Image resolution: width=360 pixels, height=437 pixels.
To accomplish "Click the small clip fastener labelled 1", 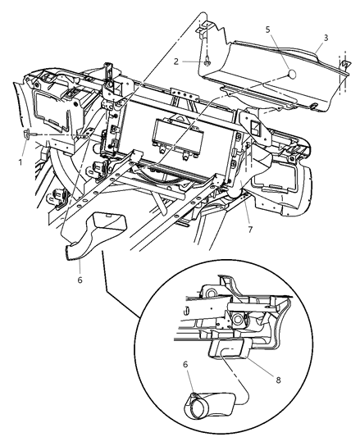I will pyautogui.click(x=30, y=134).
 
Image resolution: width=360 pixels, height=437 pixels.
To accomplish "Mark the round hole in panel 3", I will pyautogui.click(x=291, y=75).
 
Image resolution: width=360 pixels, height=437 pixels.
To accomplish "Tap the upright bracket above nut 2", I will pyautogui.click(x=206, y=33).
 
